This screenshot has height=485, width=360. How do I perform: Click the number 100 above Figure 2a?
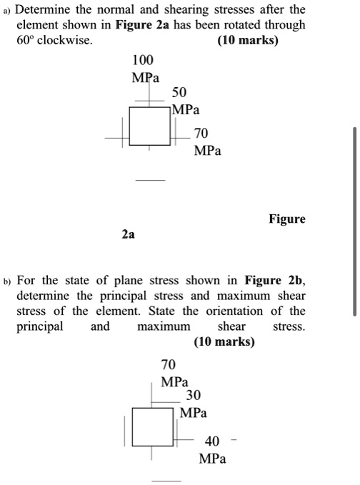pos(143,59)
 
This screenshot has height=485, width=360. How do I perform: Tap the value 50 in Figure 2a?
pos(179,94)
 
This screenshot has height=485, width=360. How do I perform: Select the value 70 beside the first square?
pos(201,134)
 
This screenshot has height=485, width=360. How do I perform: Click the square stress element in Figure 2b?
pos(152,426)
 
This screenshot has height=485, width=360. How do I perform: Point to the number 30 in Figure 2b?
pos(193,395)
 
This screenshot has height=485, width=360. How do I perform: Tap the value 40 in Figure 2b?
pos(212,441)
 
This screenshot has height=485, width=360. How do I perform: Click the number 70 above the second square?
pos(169,364)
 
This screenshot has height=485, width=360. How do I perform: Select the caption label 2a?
pos(128,234)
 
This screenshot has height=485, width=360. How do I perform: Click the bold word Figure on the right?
pos(286,219)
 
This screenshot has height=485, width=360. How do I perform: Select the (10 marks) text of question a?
pos(247,41)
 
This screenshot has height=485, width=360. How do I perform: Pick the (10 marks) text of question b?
pos(224,342)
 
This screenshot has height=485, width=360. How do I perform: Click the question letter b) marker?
pos(7,279)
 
